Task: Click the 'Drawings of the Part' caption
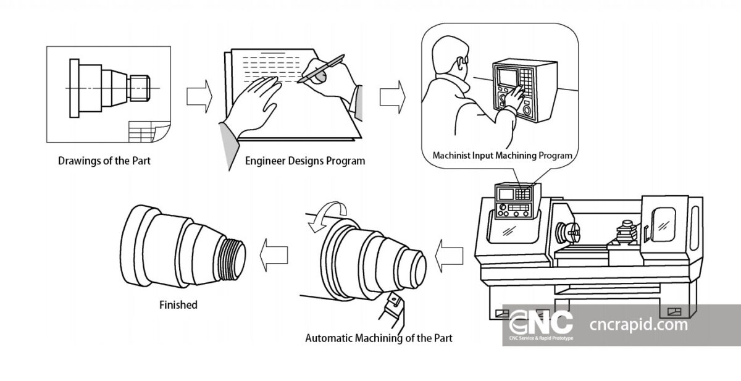coord(104,161)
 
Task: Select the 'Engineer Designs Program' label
coord(304,161)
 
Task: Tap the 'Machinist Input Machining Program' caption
coord(502,155)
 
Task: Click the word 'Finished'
coord(178,304)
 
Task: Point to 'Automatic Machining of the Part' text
coord(379,338)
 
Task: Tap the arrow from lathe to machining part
coord(450,254)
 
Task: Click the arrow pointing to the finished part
coord(273,254)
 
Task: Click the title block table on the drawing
coord(147,131)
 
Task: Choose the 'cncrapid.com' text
coord(638,324)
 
